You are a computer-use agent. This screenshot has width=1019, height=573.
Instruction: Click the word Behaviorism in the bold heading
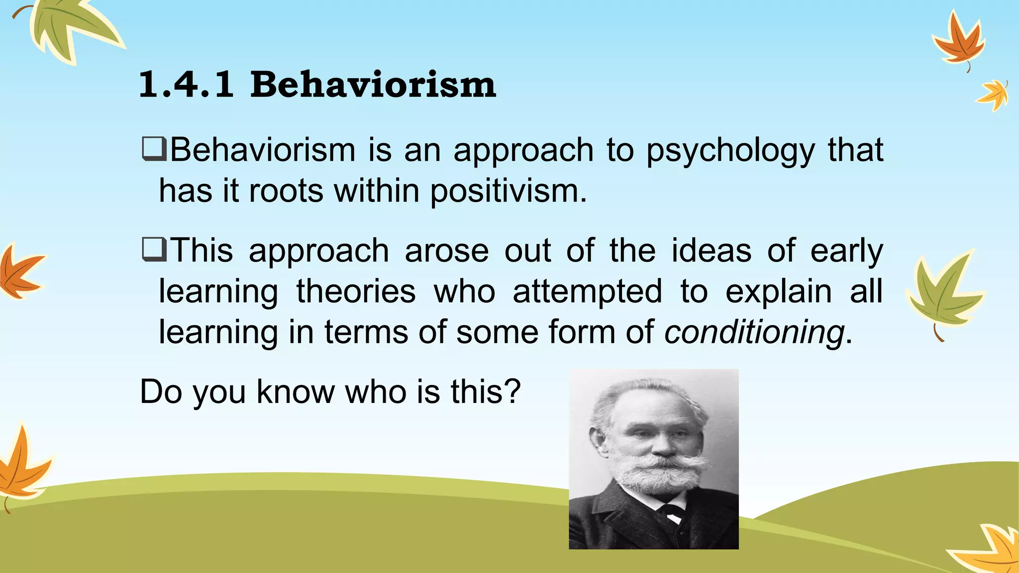tap(373, 85)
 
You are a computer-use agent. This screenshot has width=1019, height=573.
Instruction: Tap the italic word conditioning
tap(754, 332)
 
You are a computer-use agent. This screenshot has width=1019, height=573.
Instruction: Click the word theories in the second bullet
tap(356, 291)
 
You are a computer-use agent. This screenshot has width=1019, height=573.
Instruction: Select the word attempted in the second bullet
tap(587, 291)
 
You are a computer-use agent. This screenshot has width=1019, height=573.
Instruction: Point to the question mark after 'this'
tap(511, 391)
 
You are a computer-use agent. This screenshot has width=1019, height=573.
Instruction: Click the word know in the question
tap(296, 391)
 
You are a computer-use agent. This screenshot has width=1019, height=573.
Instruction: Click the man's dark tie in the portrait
tap(672, 512)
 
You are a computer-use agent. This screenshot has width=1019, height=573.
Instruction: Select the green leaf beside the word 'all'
tap(943, 293)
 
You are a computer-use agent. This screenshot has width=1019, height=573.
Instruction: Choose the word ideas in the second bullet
tap(711, 251)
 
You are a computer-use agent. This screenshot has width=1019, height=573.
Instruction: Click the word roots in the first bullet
tap(286, 191)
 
